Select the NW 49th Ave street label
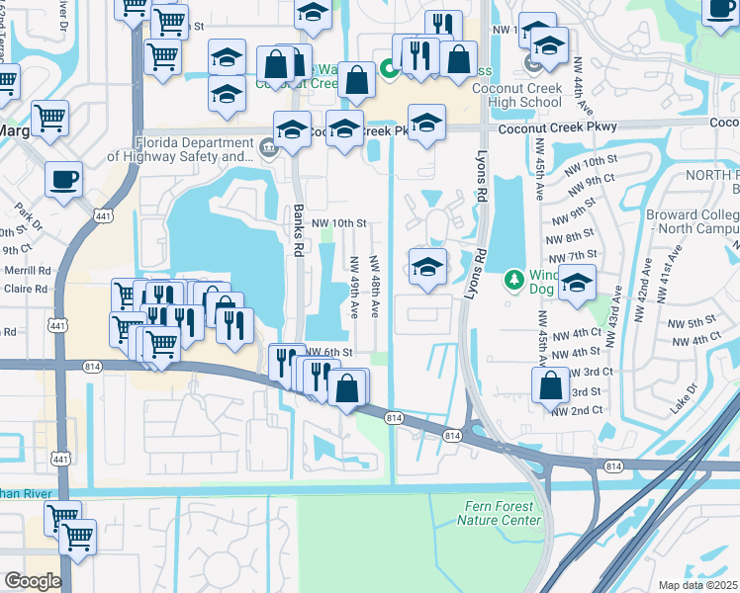353,288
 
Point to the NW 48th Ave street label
375,287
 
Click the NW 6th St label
329,352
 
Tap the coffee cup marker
64,179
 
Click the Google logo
32,580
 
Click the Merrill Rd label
27,270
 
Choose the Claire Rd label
27,290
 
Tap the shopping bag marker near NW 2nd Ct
550,385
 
